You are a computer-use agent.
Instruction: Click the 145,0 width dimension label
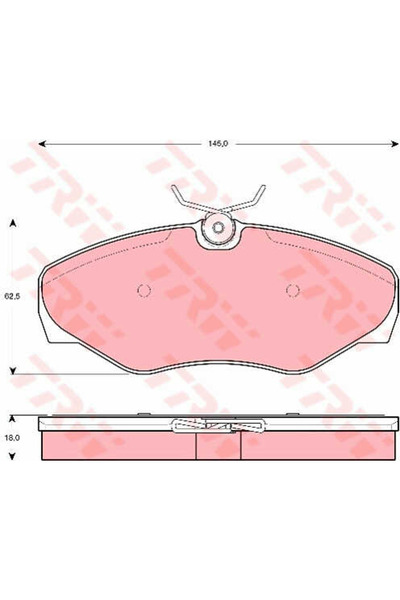(219, 143)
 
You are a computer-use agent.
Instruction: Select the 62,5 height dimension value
(11, 296)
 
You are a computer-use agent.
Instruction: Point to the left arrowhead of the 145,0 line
(43, 143)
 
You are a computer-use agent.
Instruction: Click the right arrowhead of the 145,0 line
(387, 143)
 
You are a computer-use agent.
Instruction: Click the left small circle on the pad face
(142, 291)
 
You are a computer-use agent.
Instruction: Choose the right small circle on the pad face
(293, 291)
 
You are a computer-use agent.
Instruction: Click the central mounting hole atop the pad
(216, 229)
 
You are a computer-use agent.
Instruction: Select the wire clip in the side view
(217, 425)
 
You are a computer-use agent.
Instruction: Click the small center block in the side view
(217, 446)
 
